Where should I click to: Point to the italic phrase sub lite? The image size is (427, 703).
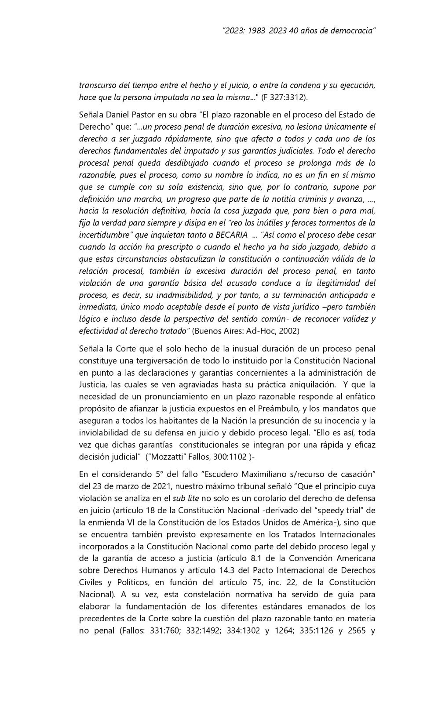186,499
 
